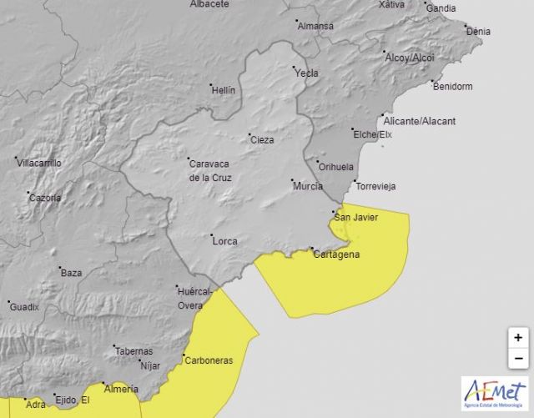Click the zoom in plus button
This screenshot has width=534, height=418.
coord(518,338)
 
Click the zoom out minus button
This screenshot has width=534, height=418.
coord(518,360)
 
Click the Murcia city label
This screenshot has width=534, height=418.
coord(307,186)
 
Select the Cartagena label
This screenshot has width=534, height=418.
coord(338,254)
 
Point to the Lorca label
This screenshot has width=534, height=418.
coord(224,241)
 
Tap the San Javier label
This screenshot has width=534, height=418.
coord(356,218)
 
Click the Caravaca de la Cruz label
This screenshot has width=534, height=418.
coord(209,171)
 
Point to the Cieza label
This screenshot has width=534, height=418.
coord(262,140)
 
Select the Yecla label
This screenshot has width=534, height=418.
coord(307,73)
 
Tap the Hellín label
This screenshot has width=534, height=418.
coord(224,90)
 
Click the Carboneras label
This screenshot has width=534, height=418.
coord(209,360)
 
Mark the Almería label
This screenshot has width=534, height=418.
coord(114,389)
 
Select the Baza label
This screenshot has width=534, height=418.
coord(72,273)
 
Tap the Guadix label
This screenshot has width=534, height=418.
coord(24,307)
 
